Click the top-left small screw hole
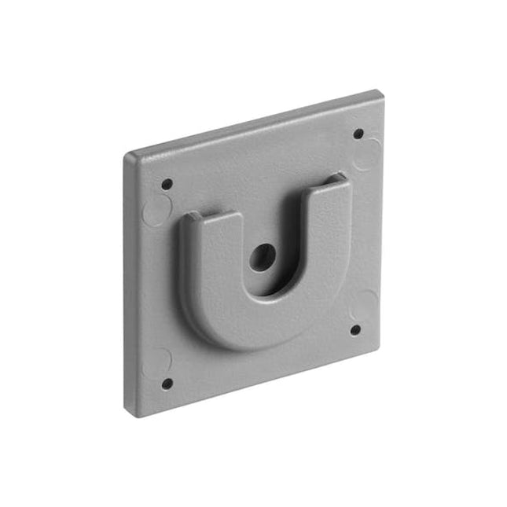pyautogui.click(x=167, y=185)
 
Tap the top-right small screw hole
pyautogui.click(x=358, y=134)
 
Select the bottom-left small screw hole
pyautogui.click(x=167, y=384)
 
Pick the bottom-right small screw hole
pyautogui.click(x=355, y=330)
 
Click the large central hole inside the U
pyautogui.click(x=263, y=256)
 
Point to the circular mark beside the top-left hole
pyautogui.click(x=157, y=210)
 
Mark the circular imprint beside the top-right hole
pyautogui.click(x=367, y=155)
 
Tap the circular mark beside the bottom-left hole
pyautogui.click(x=160, y=360)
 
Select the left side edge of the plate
pyautogui.click(x=127, y=283)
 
